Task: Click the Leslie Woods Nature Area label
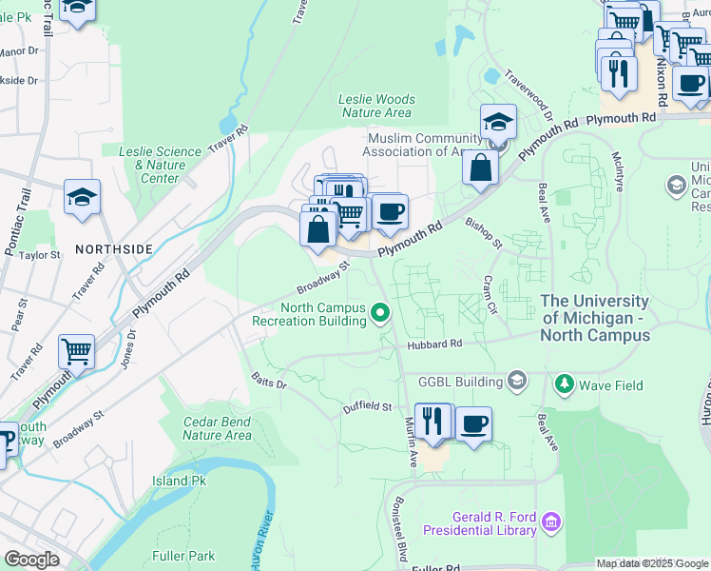(376, 106)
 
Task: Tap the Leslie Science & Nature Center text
(160, 165)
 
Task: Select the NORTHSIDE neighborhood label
(114, 248)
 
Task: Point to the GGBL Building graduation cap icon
(517, 382)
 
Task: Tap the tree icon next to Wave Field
(565, 384)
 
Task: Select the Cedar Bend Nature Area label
(217, 428)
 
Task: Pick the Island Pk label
(179, 482)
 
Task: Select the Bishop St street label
(484, 233)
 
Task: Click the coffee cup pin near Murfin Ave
(473, 424)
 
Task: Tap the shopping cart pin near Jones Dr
(76, 351)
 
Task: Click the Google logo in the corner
(31, 559)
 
